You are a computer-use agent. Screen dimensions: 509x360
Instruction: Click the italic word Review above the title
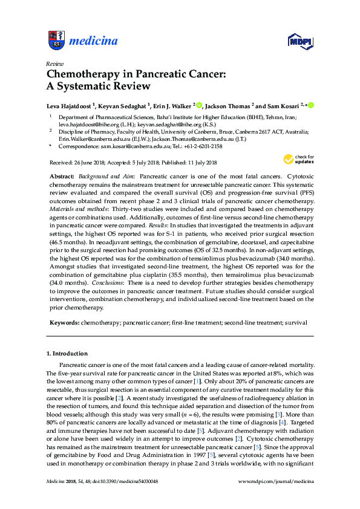55,63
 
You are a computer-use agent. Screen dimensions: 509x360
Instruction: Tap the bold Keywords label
64,323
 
